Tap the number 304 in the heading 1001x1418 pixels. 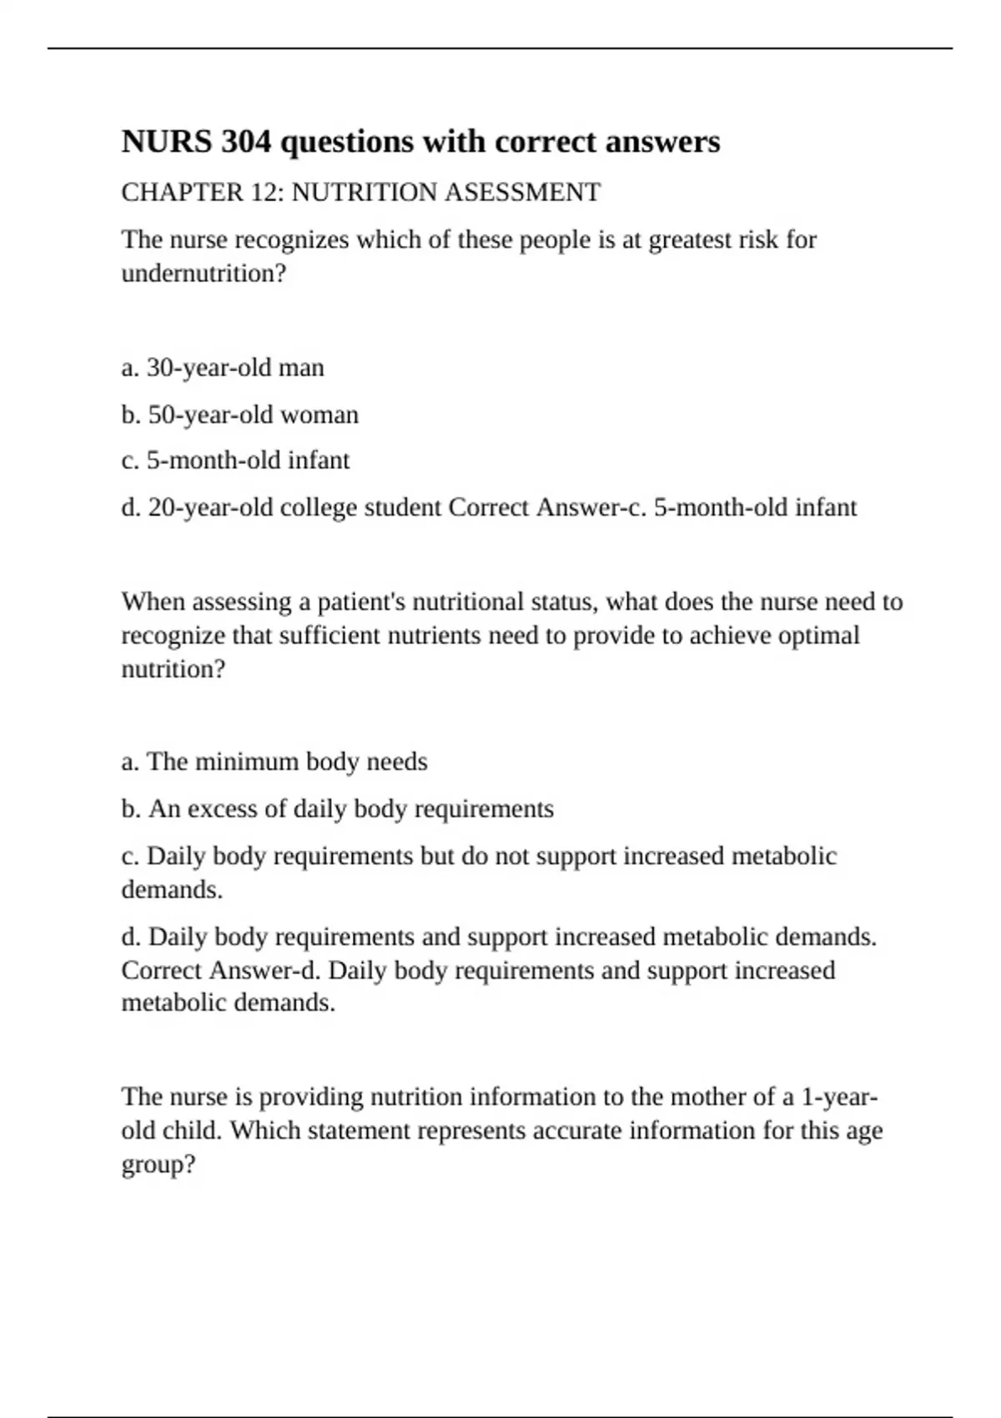(x=246, y=142)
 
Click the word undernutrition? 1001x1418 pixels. (x=204, y=274)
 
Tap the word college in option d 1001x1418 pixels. (x=318, y=507)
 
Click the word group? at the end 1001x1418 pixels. (x=158, y=1164)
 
